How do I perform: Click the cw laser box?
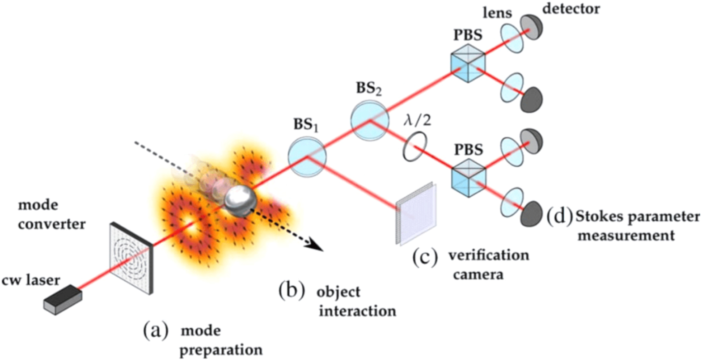click(x=63, y=301)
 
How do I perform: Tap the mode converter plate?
click(x=131, y=258)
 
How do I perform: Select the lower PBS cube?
click(x=469, y=178)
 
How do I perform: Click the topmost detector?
click(x=531, y=26)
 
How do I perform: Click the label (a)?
click(x=156, y=331)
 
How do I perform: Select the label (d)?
click(x=559, y=216)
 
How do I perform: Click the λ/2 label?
click(x=417, y=120)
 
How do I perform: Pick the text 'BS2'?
click(x=369, y=89)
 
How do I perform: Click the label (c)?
click(x=425, y=258)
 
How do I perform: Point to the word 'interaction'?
click(x=357, y=310)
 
